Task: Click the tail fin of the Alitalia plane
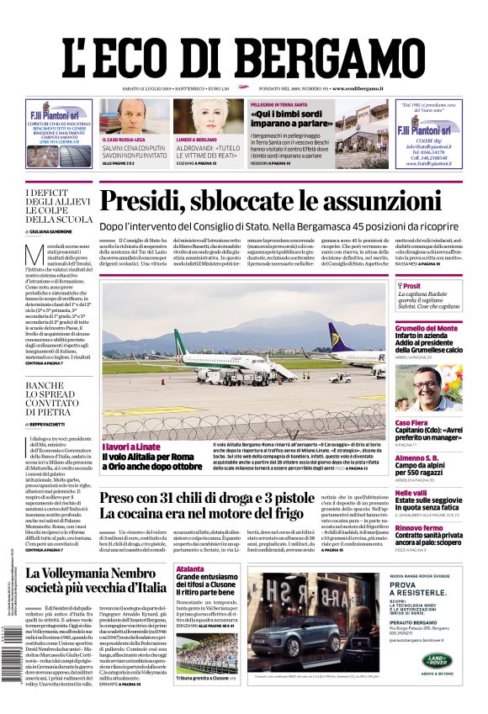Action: [178, 339]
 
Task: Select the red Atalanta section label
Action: [189, 569]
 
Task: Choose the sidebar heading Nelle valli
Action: [411, 493]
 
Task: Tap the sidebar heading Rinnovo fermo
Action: [420, 527]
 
